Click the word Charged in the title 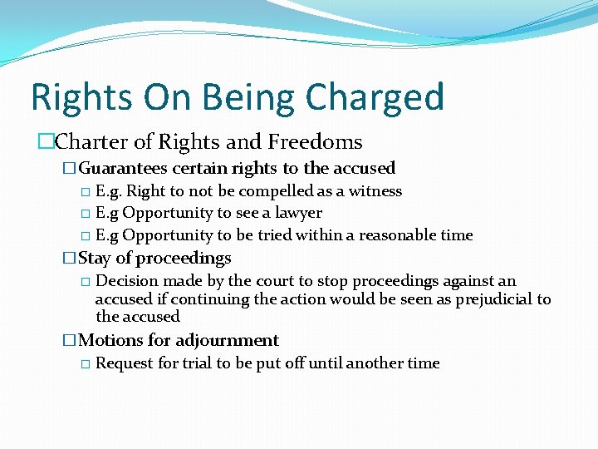tap(375, 97)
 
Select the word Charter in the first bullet tap(93, 142)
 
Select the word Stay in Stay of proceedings tap(95, 258)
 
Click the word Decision tap(128, 281)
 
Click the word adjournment tap(228, 340)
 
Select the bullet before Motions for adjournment tap(70, 341)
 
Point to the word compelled tap(282, 191)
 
